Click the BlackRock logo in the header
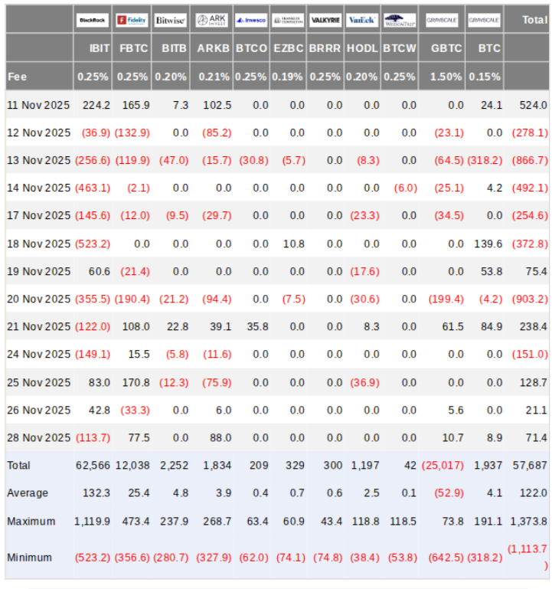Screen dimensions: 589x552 click(93, 20)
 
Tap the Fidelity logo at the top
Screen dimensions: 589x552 click(132, 20)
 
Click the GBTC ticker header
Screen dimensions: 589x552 click(447, 48)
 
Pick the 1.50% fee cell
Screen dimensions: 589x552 click(446, 77)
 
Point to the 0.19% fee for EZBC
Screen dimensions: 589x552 click(288, 77)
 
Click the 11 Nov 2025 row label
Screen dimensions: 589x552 click(38, 105)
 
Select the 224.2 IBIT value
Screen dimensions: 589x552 click(97, 105)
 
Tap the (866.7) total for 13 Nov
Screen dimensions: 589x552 click(529, 160)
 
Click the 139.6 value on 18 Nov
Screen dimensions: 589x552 click(488, 244)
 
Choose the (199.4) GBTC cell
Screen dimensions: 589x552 click(446, 299)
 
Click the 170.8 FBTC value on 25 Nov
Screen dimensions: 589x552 click(136, 382)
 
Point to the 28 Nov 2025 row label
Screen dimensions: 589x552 click(38, 437)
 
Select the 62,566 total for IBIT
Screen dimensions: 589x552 click(93, 465)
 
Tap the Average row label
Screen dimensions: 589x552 click(28, 492)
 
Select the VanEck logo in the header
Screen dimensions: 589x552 click(361, 20)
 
